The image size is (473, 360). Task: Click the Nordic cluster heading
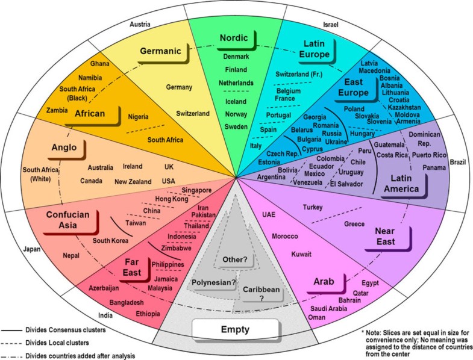click(234, 39)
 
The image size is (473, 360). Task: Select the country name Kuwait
click(301, 254)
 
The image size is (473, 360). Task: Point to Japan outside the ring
click(31, 248)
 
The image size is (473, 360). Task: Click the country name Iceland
click(236, 102)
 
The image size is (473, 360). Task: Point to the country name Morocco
click(285, 235)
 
